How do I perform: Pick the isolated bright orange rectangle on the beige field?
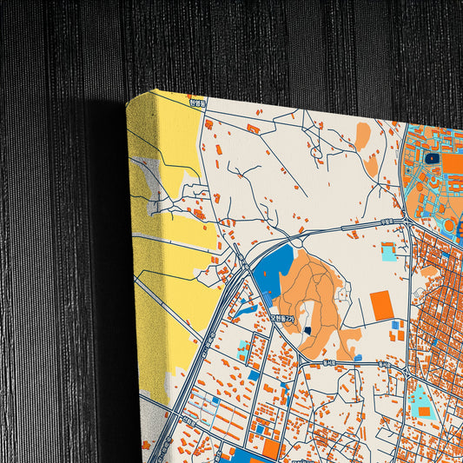click(x=380, y=305)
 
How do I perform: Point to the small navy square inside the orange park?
click(x=307, y=331)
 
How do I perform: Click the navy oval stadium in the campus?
click(x=433, y=158)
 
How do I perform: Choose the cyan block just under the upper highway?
click(x=387, y=253)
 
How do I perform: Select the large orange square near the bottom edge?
click(x=271, y=448)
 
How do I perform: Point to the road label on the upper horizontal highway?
click(x=386, y=222)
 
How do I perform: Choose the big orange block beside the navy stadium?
click(x=453, y=162)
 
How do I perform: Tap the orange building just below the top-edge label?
click(x=253, y=129)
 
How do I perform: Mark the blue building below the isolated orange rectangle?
click(x=396, y=326)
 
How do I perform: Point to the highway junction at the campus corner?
click(x=406, y=222)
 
